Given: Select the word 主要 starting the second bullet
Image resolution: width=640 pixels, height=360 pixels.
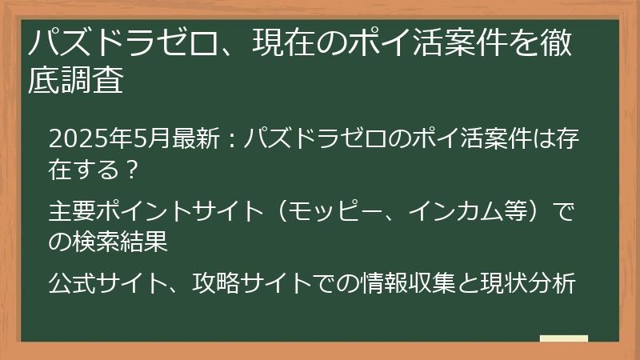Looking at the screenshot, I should pos(66,212).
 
